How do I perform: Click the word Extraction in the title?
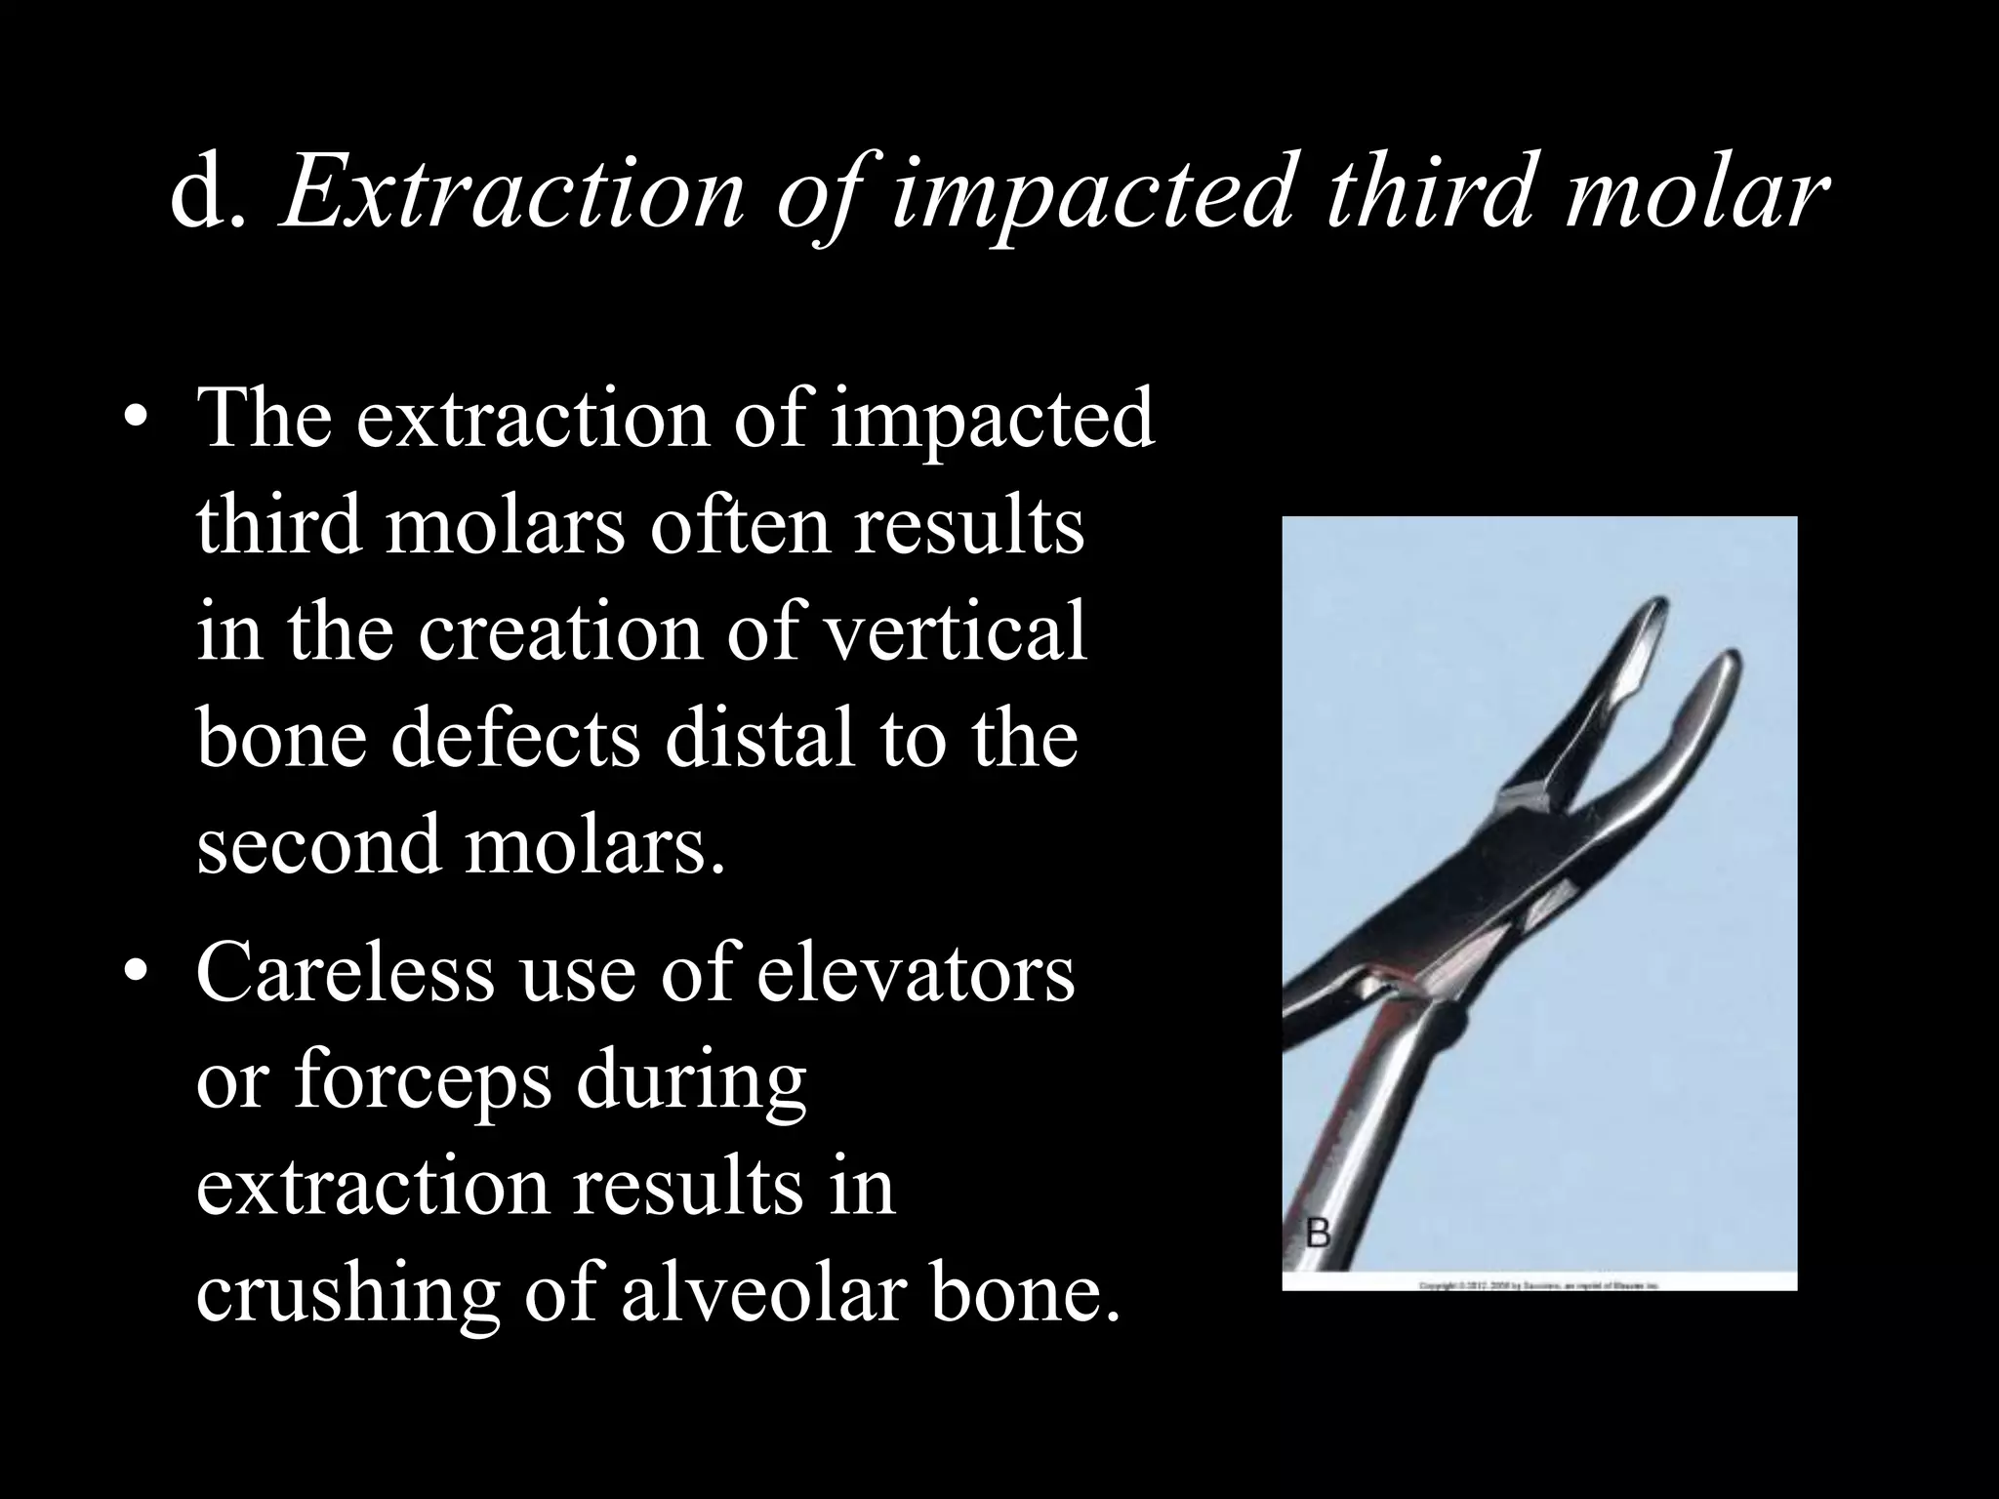pyautogui.click(x=511, y=195)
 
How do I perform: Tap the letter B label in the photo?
pyautogui.click(x=1319, y=1235)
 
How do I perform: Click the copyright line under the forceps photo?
pyautogui.click(x=1539, y=1286)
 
